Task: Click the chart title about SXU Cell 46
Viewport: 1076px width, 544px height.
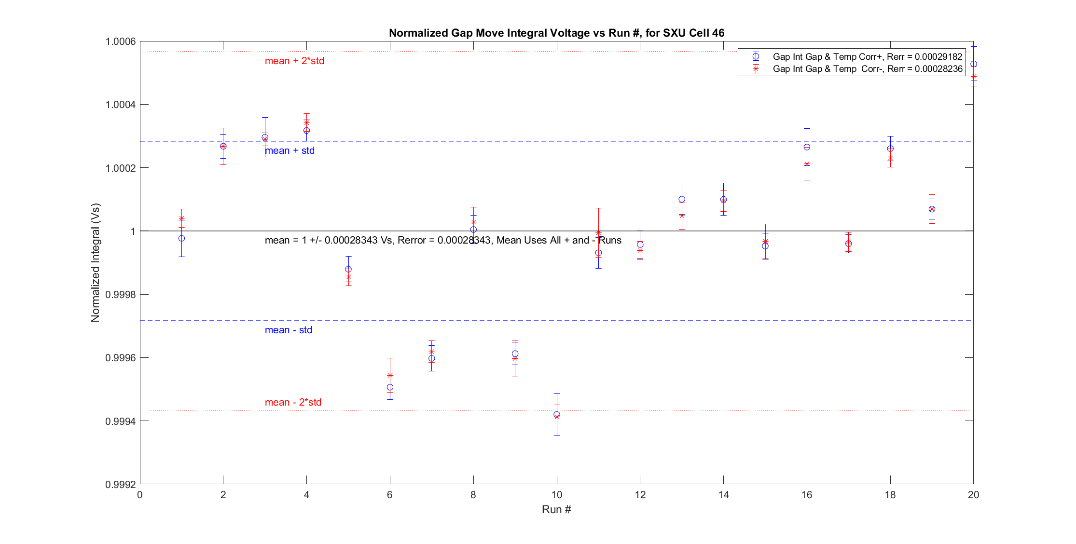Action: [x=556, y=33]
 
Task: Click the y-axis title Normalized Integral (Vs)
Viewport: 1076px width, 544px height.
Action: [x=95, y=263]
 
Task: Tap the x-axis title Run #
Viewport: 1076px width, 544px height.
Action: [x=556, y=509]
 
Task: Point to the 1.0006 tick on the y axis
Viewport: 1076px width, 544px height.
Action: [x=120, y=41]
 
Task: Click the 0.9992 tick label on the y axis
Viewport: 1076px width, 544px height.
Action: [x=120, y=484]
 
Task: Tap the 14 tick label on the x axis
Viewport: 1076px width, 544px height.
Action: [x=723, y=494]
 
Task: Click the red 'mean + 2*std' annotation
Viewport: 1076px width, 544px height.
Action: [x=294, y=61]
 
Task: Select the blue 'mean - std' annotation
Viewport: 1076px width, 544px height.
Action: [x=288, y=330]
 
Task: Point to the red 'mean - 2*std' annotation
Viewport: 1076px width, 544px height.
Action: [x=293, y=402]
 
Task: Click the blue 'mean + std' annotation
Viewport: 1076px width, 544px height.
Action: [x=290, y=150]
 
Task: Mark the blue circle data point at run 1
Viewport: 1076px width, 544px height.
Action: [x=181, y=238]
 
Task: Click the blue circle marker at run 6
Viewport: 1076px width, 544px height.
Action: [x=390, y=387]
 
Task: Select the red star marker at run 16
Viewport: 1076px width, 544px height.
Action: [x=807, y=164]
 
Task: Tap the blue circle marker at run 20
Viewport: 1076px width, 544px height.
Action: [x=974, y=64]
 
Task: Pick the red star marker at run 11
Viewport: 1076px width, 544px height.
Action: [x=598, y=233]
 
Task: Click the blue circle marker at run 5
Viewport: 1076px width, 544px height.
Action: [x=348, y=269]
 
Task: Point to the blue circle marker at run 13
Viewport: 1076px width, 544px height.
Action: [x=682, y=199]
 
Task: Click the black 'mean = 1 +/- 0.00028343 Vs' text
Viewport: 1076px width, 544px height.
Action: [x=443, y=240]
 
